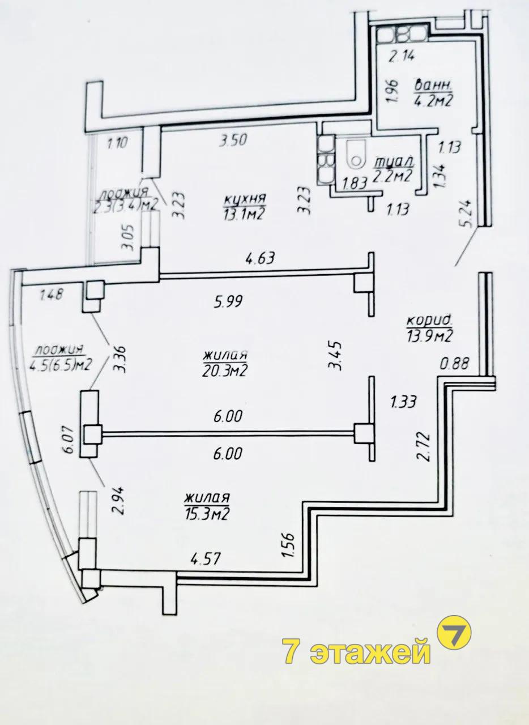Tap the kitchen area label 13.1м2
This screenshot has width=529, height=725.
coord(244,214)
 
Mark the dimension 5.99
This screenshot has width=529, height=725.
coord(229,302)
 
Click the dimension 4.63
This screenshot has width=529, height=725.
coord(259,258)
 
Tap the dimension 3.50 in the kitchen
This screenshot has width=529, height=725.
coord(233,140)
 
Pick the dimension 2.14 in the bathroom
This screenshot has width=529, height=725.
coord(402,57)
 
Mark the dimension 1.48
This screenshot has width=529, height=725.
coord(51,295)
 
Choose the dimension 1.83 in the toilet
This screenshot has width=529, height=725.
coord(355,184)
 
